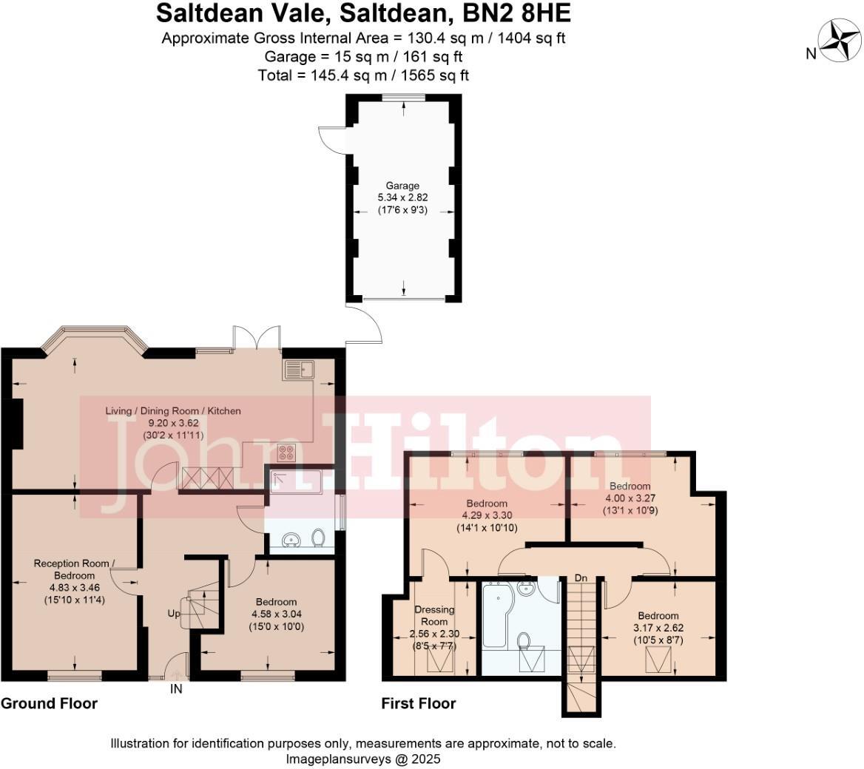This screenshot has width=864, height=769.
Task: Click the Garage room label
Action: [402, 186]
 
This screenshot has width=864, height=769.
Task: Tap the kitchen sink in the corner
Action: [298, 369]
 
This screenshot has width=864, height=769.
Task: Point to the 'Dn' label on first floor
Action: [581, 577]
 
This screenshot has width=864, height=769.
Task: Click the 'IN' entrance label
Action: [176, 689]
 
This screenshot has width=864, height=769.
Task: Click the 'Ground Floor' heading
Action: [49, 703]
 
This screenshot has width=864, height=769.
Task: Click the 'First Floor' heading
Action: [418, 703]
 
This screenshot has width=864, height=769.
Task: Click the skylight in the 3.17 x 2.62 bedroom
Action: [657, 657]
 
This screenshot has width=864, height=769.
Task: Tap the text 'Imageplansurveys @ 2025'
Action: [362, 759]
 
